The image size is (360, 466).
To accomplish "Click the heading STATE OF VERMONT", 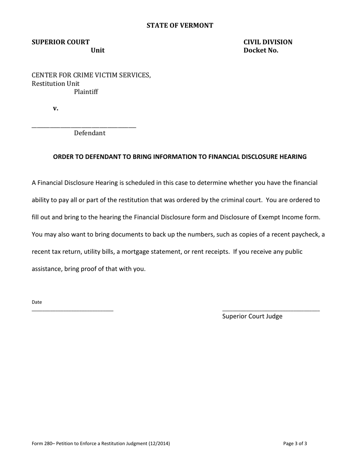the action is point(180,26).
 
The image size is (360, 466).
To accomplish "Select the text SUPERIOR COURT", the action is point(61,42).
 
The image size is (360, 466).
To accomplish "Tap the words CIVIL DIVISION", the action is point(268,42).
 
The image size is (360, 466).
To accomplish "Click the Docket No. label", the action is point(261,50).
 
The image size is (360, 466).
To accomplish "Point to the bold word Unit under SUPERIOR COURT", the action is point(98,50).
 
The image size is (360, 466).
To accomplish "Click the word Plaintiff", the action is point(86,92).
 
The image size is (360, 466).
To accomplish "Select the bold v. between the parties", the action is point(56,109).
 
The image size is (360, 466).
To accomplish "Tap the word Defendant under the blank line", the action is point(90,133).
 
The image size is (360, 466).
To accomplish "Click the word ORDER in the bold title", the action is point(63,157).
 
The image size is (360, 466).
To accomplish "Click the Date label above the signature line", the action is point(37,302).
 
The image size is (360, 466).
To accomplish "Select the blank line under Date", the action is point(72,311).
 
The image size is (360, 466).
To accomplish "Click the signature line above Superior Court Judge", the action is point(271,311).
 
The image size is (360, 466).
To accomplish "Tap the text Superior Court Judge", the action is point(252,316).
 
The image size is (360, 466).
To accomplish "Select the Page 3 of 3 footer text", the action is point(295,444).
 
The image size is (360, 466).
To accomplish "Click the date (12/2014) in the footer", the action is point(159,444).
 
